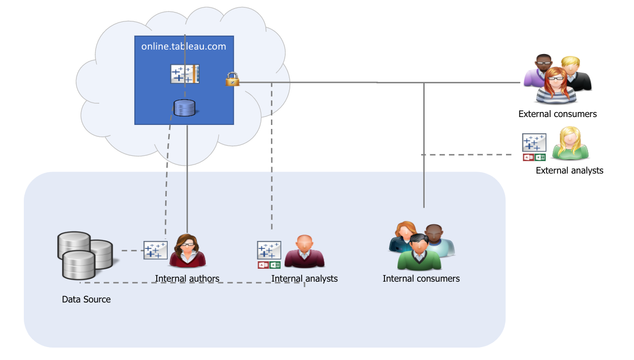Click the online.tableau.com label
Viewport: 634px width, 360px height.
[184, 47]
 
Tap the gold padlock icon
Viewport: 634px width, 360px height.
[232, 79]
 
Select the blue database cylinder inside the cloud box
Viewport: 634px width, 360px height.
[184, 108]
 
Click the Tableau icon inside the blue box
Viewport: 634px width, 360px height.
[185, 74]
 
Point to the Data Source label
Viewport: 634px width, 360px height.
[86, 300]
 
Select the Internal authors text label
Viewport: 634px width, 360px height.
[187, 279]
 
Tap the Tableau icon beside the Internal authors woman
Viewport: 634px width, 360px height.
[155, 250]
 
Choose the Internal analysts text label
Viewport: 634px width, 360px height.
[304, 279]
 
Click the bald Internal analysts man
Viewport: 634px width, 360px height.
[304, 252]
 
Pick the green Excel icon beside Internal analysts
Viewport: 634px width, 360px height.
[275, 265]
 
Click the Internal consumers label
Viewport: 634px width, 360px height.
[421, 279]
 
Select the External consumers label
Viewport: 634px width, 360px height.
[557, 114]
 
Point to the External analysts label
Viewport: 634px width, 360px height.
[570, 171]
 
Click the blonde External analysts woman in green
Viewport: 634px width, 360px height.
[570, 144]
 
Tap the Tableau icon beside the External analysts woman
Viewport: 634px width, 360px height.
[534, 142]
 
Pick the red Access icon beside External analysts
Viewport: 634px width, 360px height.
[528, 157]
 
